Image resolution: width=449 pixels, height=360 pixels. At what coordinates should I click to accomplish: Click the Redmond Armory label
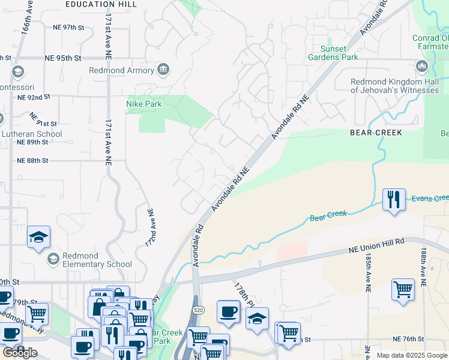(x=122, y=70)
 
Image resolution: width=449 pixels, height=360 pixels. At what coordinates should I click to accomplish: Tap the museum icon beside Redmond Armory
(x=163, y=70)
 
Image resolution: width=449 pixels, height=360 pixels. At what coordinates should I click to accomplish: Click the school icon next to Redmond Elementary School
(x=53, y=259)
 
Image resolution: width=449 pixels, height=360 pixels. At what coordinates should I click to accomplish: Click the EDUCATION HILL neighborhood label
(x=102, y=4)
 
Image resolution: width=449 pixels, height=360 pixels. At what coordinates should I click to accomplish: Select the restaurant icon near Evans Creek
(x=393, y=199)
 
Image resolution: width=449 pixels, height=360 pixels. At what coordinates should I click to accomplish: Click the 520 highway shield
(x=197, y=308)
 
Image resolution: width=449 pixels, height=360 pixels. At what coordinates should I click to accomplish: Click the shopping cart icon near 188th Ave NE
(x=403, y=289)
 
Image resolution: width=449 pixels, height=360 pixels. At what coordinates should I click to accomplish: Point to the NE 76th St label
(x=412, y=340)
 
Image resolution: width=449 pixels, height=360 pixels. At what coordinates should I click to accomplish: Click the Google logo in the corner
(x=19, y=353)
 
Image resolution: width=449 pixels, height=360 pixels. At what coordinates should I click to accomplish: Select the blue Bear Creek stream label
(x=328, y=216)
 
